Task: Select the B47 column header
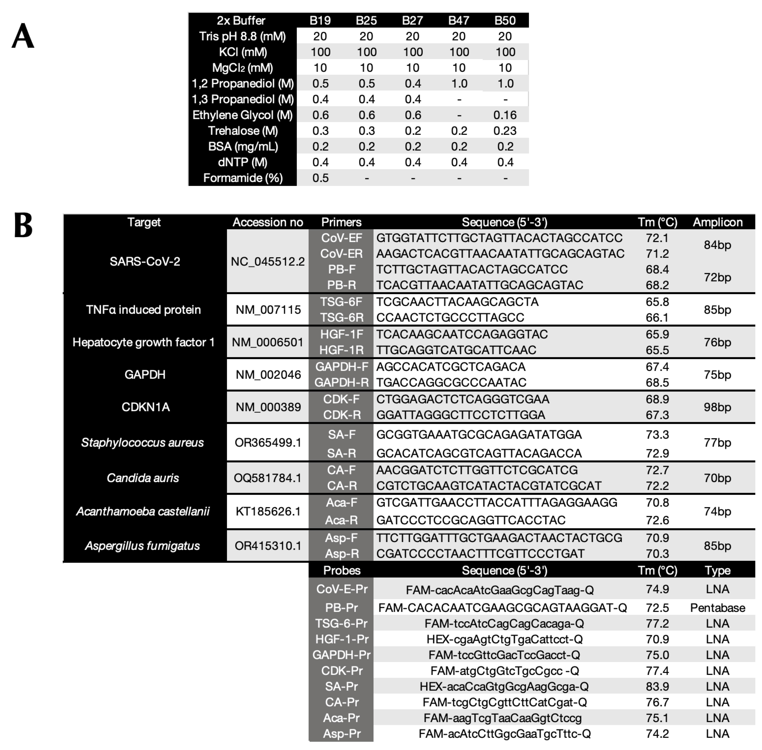click(x=459, y=21)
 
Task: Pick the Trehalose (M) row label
click(x=243, y=131)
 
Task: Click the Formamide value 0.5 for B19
click(x=320, y=178)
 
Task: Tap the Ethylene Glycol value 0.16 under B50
click(x=505, y=115)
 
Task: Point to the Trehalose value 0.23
click(x=505, y=131)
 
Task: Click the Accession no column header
click(x=268, y=222)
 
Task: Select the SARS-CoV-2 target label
click(x=145, y=262)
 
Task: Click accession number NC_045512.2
click(x=268, y=262)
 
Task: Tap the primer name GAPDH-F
click(x=341, y=367)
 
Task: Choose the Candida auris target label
click(x=143, y=478)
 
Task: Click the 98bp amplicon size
click(x=717, y=407)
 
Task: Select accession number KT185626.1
click(x=268, y=511)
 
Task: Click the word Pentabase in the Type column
click(x=717, y=608)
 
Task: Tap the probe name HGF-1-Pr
click(x=341, y=639)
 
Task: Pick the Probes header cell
click(x=341, y=570)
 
